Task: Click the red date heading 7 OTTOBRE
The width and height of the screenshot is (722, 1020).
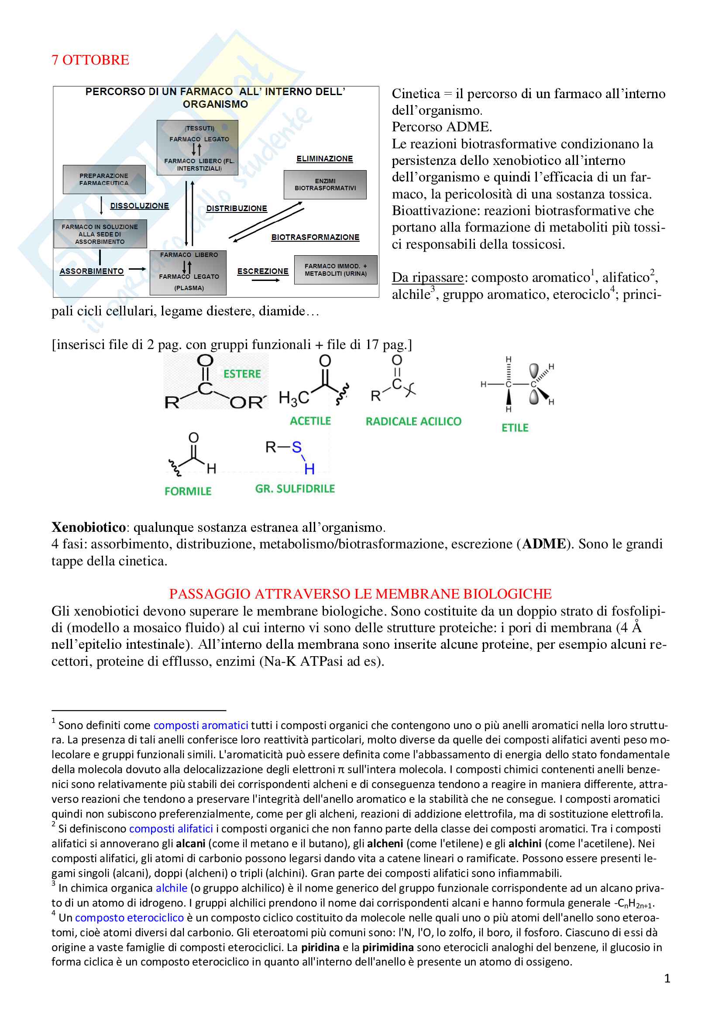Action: coord(90,60)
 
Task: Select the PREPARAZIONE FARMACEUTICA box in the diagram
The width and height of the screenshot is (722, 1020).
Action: coord(104,179)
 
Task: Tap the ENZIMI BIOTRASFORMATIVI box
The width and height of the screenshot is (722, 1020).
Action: coord(325,185)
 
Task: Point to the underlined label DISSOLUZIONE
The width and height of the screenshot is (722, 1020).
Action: coord(140,206)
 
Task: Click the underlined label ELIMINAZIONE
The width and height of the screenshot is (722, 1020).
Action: coord(324,159)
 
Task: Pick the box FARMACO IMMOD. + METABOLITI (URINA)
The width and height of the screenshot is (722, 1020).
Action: coord(336,270)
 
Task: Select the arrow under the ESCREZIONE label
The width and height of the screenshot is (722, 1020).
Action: coord(265,281)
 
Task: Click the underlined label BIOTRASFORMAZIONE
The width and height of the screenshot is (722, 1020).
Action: coord(315,237)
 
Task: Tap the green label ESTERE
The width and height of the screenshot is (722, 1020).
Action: coord(242,374)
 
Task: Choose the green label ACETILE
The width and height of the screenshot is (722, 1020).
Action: coord(310,421)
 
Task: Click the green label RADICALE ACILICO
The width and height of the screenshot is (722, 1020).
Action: coord(413,421)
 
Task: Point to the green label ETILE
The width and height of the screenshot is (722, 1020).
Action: coord(515,428)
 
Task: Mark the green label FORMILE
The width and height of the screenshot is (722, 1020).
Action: coord(188,491)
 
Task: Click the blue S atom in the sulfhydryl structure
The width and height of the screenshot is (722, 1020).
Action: coord(296,447)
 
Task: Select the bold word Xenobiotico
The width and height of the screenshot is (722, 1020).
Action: coord(89,527)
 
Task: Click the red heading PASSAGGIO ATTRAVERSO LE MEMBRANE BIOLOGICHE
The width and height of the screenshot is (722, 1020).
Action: coord(360,594)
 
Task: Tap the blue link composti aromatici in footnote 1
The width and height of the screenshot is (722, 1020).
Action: coord(200,726)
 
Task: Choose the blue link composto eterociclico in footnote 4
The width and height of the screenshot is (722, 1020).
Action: coord(129,918)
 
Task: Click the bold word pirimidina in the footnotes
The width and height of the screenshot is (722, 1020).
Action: coord(388,948)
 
